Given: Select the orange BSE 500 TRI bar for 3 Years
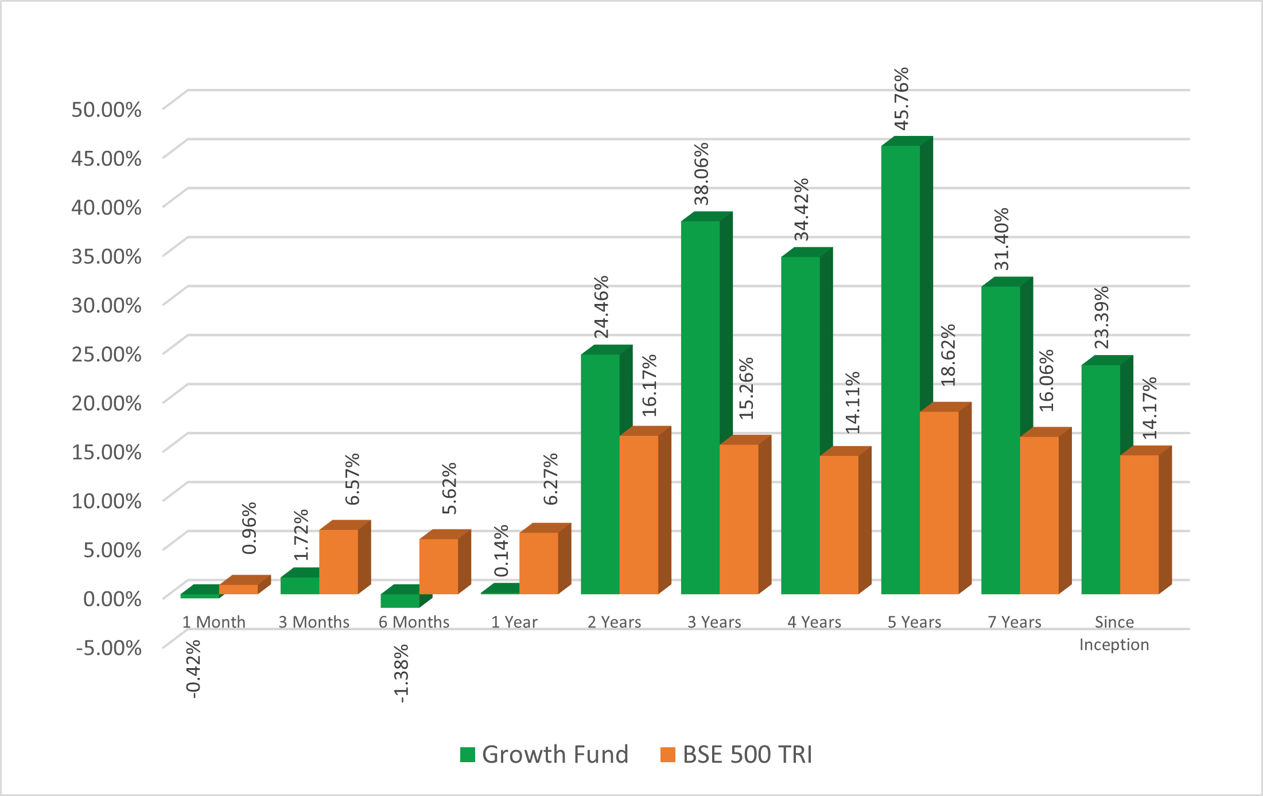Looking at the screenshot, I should [x=739, y=519].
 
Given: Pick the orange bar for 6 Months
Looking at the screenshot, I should [x=439, y=566].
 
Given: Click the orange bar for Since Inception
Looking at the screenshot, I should [x=1140, y=524].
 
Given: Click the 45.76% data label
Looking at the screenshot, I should [x=901, y=99].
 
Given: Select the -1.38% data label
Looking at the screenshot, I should [x=401, y=673].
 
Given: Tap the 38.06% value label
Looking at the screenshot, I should [x=701, y=174].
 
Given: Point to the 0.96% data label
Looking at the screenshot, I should [x=249, y=528].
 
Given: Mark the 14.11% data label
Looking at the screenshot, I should [x=853, y=402].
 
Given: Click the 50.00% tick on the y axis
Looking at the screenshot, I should [x=106, y=109].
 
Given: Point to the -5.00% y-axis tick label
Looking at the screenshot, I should [x=109, y=647].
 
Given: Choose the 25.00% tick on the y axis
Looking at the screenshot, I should [x=106, y=354].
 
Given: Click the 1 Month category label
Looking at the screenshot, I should [x=213, y=622].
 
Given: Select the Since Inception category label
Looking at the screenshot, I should [x=1114, y=633].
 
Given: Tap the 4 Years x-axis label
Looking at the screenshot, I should [x=814, y=622].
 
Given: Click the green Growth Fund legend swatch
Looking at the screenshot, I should [x=468, y=755].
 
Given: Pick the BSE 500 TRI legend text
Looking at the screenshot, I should [x=747, y=755].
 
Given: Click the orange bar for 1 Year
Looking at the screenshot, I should [x=539, y=563].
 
